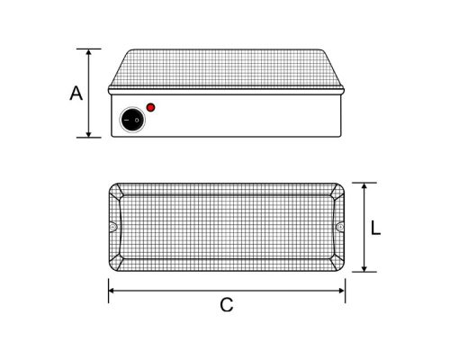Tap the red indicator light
click(150, 108)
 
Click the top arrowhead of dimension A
click(88, 51)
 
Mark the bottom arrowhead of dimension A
click(88, 134)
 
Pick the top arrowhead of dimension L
click(364, 186)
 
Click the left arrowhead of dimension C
click(112, 290)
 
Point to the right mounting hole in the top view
click(340, 229)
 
